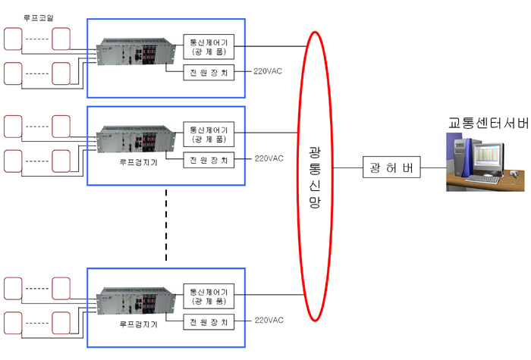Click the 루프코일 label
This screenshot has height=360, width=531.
click(x=38, y=16)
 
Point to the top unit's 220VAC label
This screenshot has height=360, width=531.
click(x=269, y=74)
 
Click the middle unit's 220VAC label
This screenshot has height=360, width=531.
click(x=269, y=159)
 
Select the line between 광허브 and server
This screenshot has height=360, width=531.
click(x=432, y=167)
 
